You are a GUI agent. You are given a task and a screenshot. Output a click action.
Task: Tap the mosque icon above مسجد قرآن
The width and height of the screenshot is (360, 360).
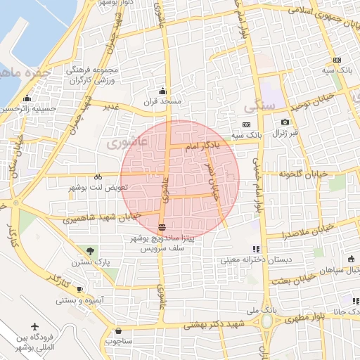click(163, 91)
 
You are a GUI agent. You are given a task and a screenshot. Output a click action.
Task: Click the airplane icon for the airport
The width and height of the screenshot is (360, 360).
click(35, 328)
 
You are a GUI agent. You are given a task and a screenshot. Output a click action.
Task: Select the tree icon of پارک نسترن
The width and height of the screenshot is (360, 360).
click(90, 251)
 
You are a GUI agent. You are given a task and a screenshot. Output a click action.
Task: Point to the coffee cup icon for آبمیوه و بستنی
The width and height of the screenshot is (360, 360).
click(79, 290)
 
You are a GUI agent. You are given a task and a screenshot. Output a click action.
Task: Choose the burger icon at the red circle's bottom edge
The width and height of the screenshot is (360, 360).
click(163, 227)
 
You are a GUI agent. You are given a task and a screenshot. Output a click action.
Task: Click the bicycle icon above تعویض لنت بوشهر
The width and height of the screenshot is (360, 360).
click(98, 177)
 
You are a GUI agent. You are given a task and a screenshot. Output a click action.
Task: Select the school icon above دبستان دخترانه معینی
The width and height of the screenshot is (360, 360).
click(256, 249)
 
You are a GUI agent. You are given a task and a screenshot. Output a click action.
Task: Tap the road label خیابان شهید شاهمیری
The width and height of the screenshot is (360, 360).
click(102, 218)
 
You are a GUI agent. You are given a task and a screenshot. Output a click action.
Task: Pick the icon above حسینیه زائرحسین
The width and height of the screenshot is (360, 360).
click(27, 98)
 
